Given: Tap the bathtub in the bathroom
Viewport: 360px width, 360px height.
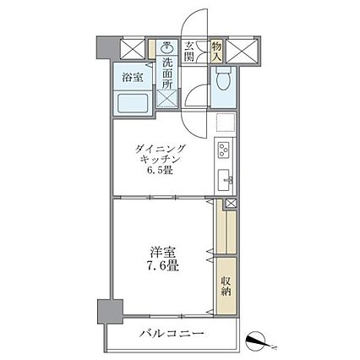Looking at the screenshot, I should coord(134,105).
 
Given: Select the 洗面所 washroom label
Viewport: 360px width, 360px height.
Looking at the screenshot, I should coord(167,73).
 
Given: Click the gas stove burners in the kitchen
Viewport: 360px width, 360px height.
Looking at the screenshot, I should coord(225,151).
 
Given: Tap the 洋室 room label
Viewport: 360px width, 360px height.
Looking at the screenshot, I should coord(161,250).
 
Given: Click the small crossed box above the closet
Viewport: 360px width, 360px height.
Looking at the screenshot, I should coord(229,205).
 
